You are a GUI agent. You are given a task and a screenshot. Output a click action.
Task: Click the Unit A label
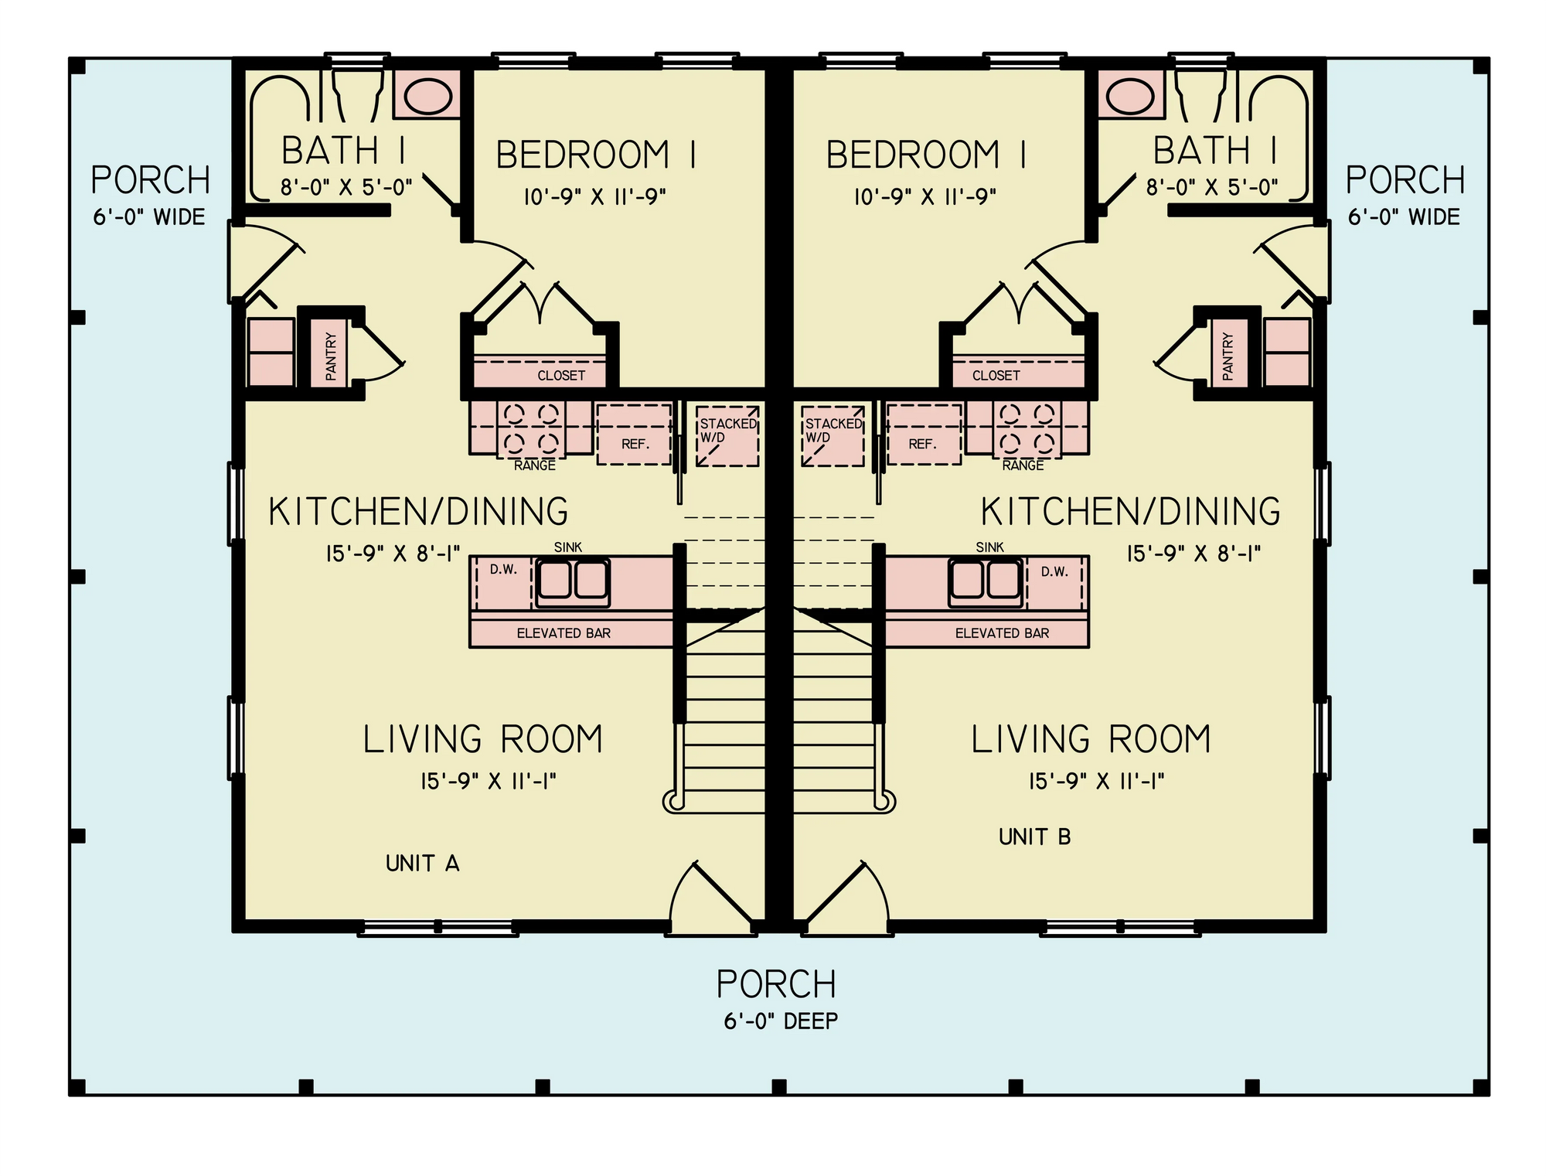pos(422,863)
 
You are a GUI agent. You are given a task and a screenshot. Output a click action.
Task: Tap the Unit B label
pos(1034,837)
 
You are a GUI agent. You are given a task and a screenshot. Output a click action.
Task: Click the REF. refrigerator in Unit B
pos(923,435)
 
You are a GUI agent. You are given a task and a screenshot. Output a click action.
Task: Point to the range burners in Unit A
pos(531,428)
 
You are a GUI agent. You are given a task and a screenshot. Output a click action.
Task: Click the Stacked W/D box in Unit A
pos(727,436)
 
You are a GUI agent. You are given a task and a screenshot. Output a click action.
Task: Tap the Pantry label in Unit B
pos(1228,356)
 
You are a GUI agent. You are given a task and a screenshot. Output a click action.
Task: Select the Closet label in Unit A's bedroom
pos(561,376)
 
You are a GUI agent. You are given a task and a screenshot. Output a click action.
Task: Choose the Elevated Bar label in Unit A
pos(564,633)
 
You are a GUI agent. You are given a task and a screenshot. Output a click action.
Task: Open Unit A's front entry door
pos(711,897)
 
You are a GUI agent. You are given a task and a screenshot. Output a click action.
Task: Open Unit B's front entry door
pos(846,897)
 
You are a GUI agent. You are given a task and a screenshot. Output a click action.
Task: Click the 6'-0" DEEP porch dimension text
pos(781,1021)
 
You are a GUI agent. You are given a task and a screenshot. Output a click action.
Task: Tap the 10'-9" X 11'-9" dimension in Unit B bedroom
pos(925,196)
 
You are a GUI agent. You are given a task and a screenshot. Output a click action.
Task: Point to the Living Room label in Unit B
pos(1091,739)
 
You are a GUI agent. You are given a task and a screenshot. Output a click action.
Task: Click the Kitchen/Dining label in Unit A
pos(418,512)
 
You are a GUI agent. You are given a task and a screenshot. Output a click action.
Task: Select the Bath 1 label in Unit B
pos(1214,151)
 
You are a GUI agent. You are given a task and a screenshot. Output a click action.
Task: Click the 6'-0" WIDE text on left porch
pos(149,217)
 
